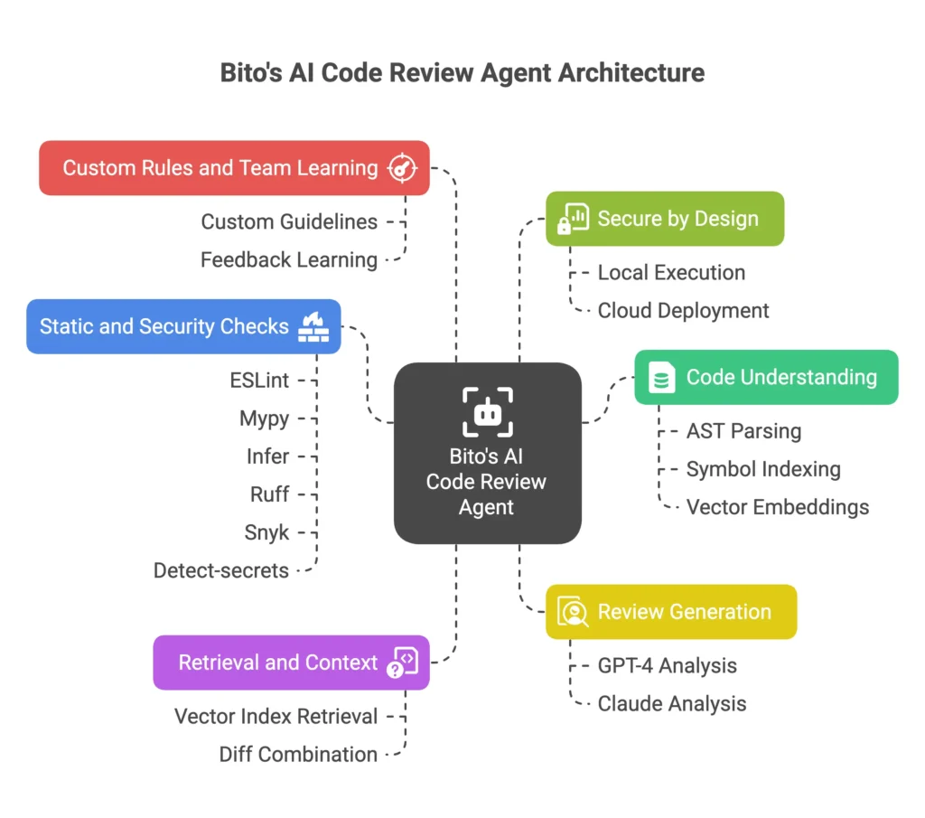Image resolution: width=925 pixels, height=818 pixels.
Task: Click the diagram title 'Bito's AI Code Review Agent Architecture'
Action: pos(462,72)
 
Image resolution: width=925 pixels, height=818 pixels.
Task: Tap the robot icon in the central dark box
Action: pos(487,412)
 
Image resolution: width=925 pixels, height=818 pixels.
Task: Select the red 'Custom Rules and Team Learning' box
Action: pos(234,168)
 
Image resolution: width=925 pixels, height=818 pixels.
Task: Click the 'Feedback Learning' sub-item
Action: pos(289,259)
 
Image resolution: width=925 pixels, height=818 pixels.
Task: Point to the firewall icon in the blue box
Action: pos(313,326)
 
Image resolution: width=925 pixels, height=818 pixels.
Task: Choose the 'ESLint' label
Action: pos(259,381)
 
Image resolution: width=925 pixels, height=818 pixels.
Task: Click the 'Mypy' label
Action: pos(265,418)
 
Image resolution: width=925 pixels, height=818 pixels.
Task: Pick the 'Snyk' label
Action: pos(266,532)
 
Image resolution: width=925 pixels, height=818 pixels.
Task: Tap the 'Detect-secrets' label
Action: pos(221,570)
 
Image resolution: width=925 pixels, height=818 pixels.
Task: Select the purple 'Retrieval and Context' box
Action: pos(291,663)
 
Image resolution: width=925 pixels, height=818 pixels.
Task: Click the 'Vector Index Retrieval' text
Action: pos(276,717)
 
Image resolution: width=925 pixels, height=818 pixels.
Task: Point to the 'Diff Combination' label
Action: pos(298,754)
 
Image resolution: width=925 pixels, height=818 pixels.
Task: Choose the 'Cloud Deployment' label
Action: pos(683,310)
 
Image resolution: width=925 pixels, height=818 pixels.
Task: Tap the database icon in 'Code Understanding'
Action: pos(662,378)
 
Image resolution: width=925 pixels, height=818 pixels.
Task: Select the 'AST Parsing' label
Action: pos(743,431)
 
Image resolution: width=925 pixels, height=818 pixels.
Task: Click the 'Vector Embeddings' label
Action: pos(777,507)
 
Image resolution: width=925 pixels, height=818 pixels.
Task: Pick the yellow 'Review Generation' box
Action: pos(670,612)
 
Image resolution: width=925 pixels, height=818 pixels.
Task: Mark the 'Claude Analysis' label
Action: pos(672,703)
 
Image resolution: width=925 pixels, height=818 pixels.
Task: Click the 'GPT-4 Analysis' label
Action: pos(667,666)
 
